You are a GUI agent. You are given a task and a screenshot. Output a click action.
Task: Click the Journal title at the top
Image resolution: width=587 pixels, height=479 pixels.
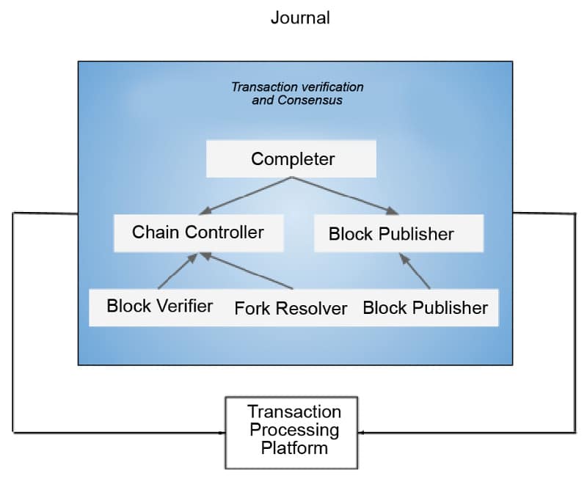coord(300,18)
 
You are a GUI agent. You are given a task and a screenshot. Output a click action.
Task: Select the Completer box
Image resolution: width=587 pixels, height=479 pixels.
coord(292,158)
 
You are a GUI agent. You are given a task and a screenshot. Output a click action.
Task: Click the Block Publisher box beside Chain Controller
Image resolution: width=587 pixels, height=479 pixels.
coord(398,234)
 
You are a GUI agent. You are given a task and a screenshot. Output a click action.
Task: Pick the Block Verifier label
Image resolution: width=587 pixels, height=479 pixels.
coord(160,306)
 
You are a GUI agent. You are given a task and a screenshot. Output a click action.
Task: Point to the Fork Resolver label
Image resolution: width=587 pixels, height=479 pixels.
coord(291,308)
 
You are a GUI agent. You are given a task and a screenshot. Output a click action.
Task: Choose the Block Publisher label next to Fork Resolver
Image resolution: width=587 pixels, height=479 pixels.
coord(425,307)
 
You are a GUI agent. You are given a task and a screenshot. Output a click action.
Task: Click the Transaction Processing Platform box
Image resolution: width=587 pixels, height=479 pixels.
coord(293,432)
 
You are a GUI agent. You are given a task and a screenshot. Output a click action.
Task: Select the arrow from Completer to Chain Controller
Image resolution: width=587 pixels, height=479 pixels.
coord(241,195)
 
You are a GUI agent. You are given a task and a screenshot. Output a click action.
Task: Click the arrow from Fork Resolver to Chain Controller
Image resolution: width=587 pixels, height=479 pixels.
coord(248,271)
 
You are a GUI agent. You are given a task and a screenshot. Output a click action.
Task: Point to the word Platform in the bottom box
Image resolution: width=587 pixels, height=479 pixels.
coord(293,447)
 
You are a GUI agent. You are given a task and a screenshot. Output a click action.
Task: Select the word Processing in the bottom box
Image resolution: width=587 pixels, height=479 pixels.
coord(293,430)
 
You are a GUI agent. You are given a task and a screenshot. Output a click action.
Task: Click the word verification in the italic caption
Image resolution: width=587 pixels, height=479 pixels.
coord(328,87)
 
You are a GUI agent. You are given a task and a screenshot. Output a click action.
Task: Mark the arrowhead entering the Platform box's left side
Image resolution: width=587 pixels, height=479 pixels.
coord(221,432)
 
